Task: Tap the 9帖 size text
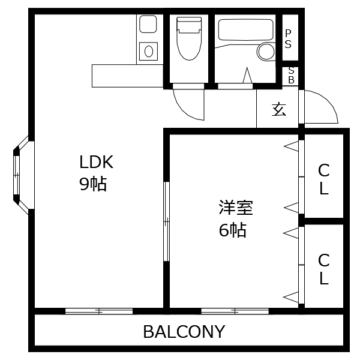93,184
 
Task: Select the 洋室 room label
235,208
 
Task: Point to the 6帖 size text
232,230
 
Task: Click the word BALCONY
184,331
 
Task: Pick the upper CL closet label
323,179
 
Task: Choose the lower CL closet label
323,269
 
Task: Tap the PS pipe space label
289,38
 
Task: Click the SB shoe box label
291,75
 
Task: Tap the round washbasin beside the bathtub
266,52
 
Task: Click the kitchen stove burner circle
148,51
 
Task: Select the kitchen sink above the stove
148,25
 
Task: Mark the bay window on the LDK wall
19,174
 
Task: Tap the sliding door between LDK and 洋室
167,222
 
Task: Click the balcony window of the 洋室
226,311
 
